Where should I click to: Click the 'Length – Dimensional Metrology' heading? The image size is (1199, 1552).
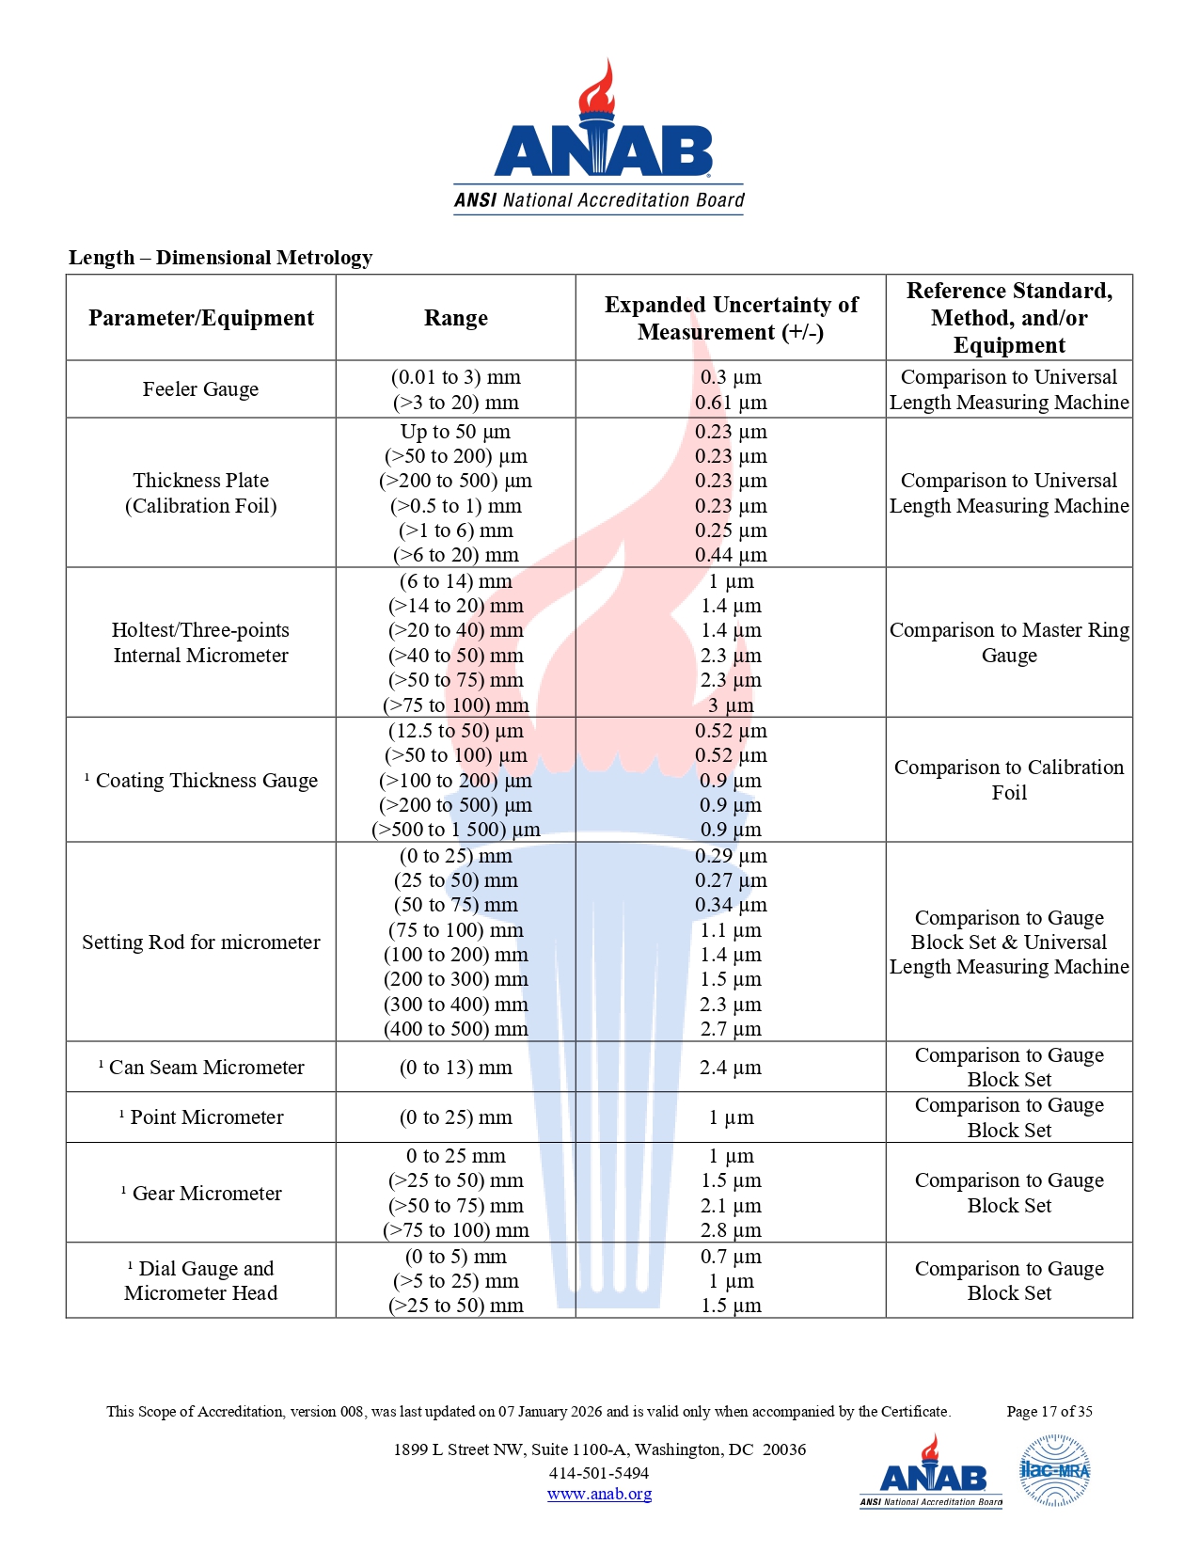pos(220,258)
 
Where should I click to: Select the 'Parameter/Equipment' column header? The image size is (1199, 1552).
pos(201,318)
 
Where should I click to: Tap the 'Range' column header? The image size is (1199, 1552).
pos(456,318)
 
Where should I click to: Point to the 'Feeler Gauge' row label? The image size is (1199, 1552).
pos(200,389)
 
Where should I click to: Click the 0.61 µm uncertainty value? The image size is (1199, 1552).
pos(731,403)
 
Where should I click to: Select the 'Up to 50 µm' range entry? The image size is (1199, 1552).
pos(456,432)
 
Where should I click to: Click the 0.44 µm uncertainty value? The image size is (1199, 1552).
pos(731,555)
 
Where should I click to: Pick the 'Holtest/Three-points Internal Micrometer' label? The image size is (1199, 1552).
pos(200,642)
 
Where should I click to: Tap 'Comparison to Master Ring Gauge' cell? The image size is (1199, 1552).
pos(1009,642)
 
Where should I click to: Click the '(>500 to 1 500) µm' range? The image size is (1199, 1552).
pos(456,830)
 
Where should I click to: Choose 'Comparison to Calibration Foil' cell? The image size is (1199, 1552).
pos(1009,780)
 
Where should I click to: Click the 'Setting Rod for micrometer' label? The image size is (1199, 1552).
pos(200,942)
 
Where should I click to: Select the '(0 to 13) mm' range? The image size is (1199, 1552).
pos(456,1068)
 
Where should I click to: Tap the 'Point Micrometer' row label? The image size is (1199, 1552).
pos(206,1117)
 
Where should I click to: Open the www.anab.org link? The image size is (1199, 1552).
pos(599,1494)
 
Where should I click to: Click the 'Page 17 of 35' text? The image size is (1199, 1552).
pos(1049,1411)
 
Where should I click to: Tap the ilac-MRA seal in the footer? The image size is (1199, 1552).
pos(1055,1470)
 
